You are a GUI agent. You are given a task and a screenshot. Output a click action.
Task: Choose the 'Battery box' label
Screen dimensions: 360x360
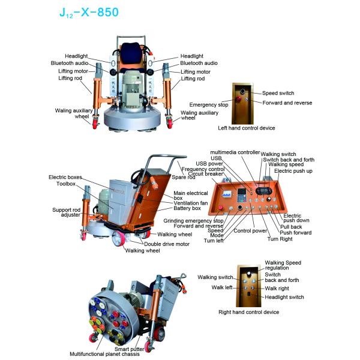tap(187, 209)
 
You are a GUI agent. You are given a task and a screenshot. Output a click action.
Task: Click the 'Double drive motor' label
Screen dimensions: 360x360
tap(166, 244)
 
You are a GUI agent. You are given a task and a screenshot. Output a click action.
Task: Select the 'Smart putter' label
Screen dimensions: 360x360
tap(129, 349)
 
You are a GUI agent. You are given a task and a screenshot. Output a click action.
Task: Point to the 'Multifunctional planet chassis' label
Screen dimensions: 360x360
tap(104, 354)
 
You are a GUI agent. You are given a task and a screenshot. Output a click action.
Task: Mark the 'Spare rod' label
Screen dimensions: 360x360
tap(182, 177)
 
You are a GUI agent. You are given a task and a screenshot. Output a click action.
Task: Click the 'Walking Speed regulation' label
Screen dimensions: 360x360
tap(283, 265)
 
